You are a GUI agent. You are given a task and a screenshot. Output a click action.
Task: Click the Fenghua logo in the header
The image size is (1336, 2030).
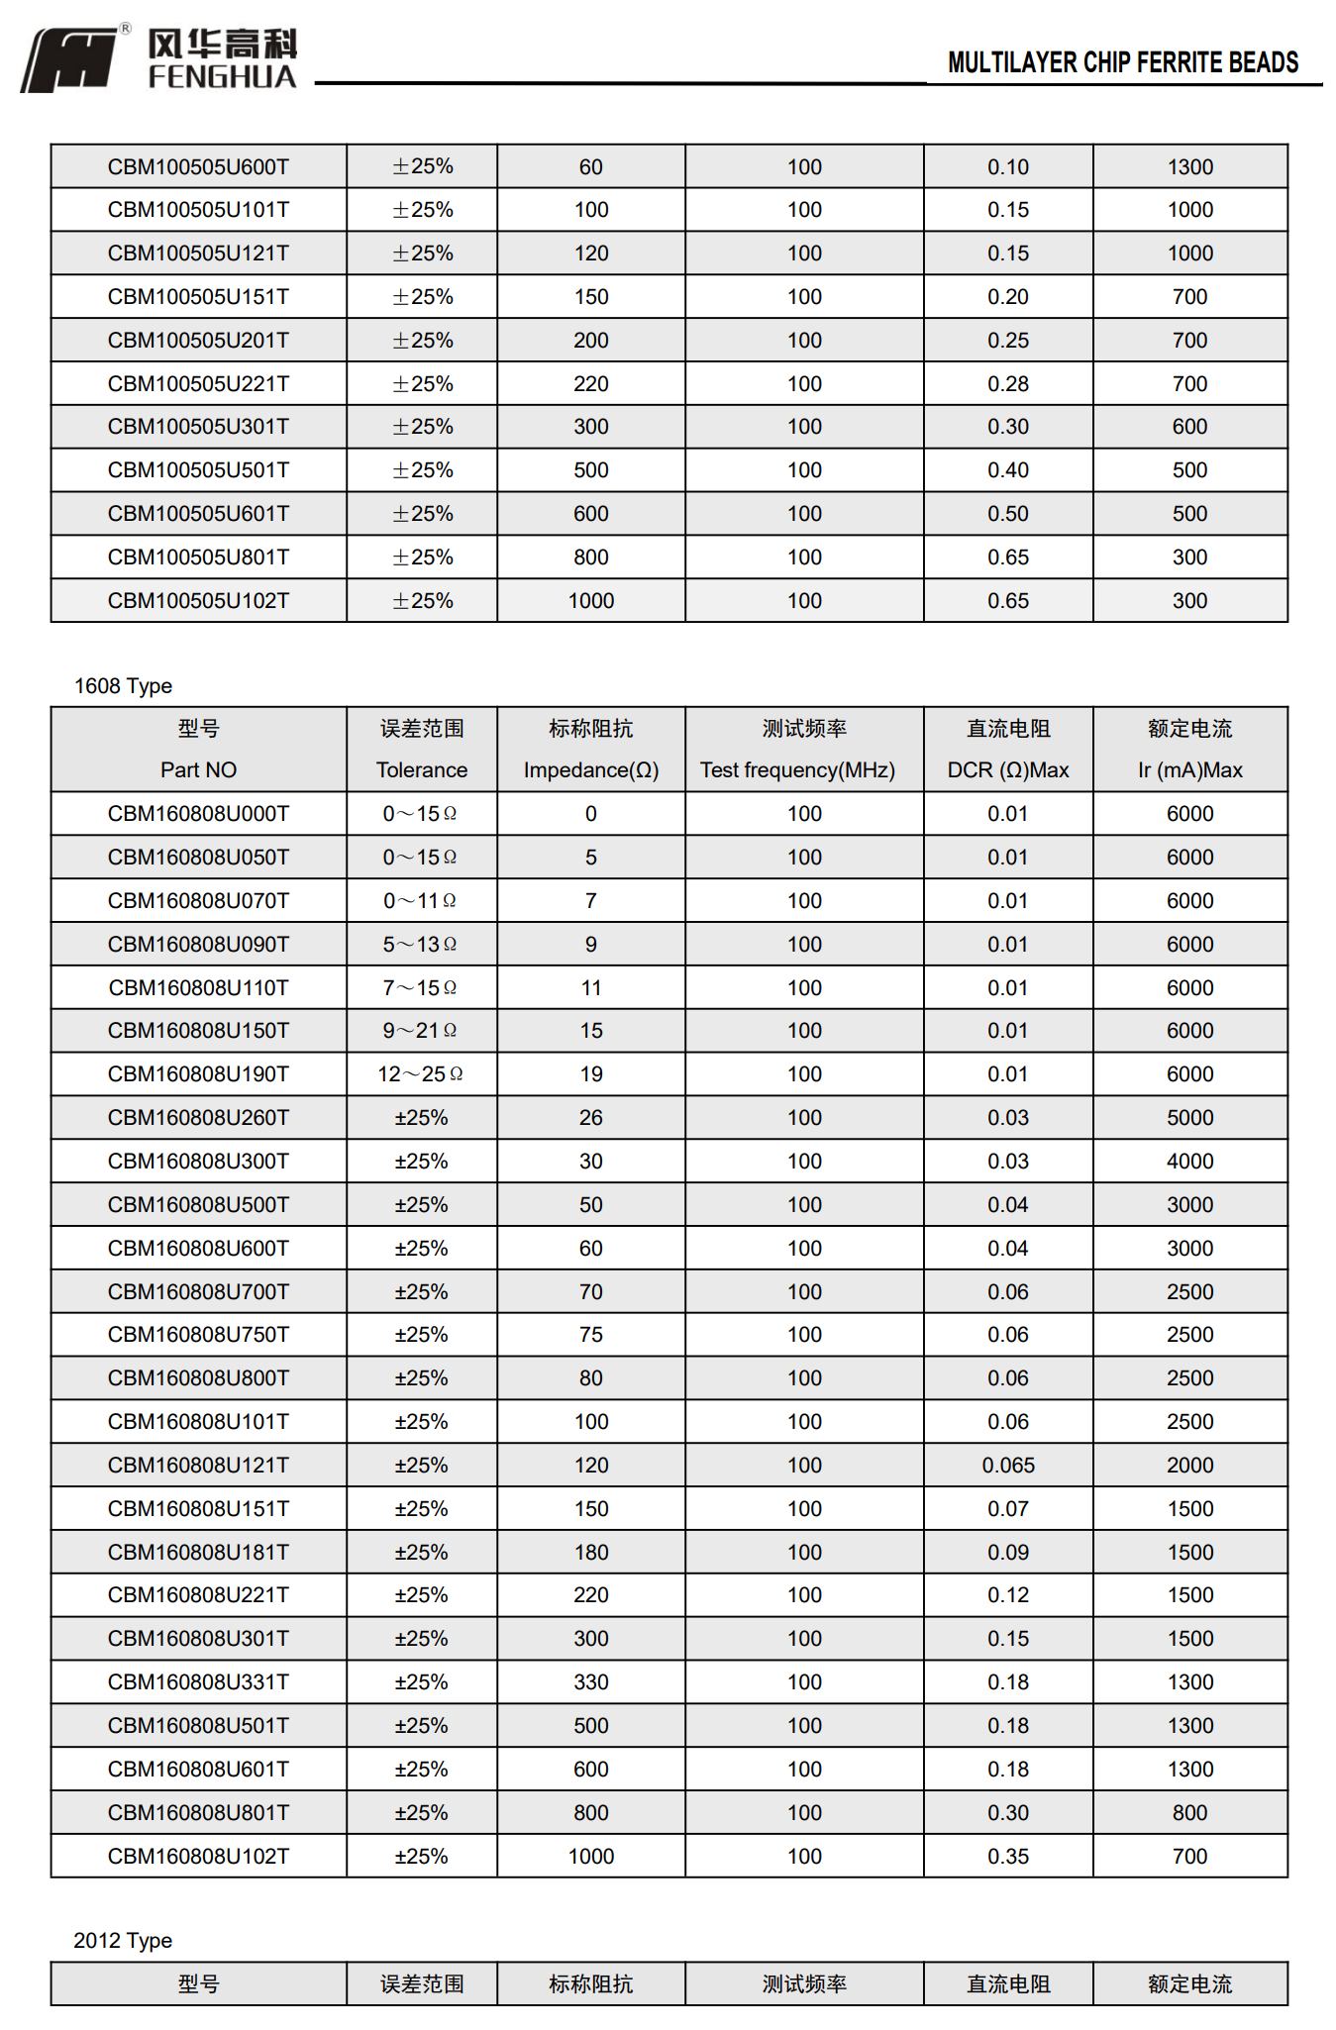(x=158, y=59)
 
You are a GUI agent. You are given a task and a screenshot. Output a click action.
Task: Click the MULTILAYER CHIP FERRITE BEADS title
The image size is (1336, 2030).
(x=1122, y=63)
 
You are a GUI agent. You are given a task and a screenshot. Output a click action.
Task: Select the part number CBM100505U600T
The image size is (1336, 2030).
(x=198, y=167)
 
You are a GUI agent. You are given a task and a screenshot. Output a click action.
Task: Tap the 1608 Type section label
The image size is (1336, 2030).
(x=123, y=686)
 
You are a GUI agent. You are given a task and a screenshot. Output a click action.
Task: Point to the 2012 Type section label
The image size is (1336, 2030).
(x=123, y=1941)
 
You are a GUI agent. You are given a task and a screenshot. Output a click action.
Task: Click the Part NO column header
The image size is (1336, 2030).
(x=198, y=770)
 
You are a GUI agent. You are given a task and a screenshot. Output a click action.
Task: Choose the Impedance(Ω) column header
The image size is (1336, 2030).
(x=590, y=770)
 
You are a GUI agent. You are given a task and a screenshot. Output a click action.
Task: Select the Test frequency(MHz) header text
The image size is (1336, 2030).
(x=797, y=770)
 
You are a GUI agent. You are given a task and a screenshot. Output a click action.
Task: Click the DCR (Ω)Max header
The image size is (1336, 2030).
(x=1007, y=770)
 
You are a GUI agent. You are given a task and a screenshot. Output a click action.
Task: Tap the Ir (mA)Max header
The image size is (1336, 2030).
(x=1189, y=770)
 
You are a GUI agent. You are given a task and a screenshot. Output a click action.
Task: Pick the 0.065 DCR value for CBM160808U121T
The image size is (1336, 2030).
(x=1007, y=1466)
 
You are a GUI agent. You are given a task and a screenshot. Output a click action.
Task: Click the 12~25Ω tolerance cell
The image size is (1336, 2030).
(x=420, y=1074)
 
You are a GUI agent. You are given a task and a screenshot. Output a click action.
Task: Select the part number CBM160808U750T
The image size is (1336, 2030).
(x=198, y=1335)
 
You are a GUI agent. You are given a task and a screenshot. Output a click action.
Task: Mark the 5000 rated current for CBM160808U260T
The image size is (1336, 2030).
(x=1189, y=1118)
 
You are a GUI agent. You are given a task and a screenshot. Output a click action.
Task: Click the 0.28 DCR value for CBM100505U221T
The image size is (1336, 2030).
(x=1007, y=384)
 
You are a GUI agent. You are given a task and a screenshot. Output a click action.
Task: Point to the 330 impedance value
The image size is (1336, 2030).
(x=590, y=1682)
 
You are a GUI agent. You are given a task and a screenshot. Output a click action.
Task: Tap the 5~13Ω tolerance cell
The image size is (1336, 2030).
(x=420, y=945)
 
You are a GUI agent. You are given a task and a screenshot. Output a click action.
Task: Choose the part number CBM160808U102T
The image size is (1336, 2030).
(x=198, y=1857)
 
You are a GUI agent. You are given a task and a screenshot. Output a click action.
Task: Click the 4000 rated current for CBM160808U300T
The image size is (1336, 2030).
(x=1189, y=1162)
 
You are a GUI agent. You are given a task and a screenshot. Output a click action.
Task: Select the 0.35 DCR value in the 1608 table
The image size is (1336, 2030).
(x=1007, y=1857)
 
